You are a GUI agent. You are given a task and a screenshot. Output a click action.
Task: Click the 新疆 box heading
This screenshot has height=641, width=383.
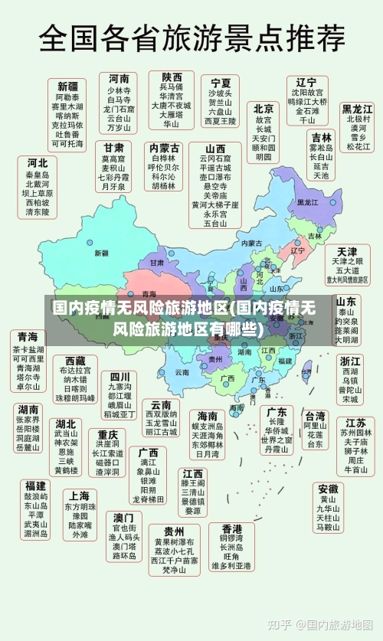(67, 86)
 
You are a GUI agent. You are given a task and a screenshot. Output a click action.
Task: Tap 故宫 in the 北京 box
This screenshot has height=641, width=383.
(264, 120)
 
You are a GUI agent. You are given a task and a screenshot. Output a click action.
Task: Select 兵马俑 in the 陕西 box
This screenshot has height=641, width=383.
(172, 87)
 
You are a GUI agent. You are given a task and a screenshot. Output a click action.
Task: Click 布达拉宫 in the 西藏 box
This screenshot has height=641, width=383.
(74, 370)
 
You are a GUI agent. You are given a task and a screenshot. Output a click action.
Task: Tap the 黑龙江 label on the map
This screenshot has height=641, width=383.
(307, 203)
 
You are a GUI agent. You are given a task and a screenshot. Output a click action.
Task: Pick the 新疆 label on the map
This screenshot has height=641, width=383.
(101, 253)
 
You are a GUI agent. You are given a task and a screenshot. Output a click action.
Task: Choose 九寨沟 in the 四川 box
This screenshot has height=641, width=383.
(119, 386)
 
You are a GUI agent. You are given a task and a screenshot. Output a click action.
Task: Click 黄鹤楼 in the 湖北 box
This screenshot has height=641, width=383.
(66, 469)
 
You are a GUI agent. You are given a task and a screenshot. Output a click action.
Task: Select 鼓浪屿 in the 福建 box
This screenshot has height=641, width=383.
(35, 495)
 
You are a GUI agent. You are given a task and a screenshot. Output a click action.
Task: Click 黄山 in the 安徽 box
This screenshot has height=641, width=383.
(328, 499)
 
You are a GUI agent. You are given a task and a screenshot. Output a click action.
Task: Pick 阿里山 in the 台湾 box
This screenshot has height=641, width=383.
(315, 425)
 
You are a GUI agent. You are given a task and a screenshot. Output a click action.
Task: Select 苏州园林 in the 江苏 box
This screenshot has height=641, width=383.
(355, 433)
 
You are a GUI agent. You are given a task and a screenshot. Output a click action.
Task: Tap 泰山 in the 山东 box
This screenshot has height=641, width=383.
(346, 312)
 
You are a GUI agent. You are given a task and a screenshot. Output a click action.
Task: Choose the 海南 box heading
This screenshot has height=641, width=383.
(207, 416)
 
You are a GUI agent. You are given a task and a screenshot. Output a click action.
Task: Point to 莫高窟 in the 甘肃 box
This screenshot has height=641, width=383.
(114, 157)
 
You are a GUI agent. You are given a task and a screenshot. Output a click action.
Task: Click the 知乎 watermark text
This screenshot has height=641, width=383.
(283, 624)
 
